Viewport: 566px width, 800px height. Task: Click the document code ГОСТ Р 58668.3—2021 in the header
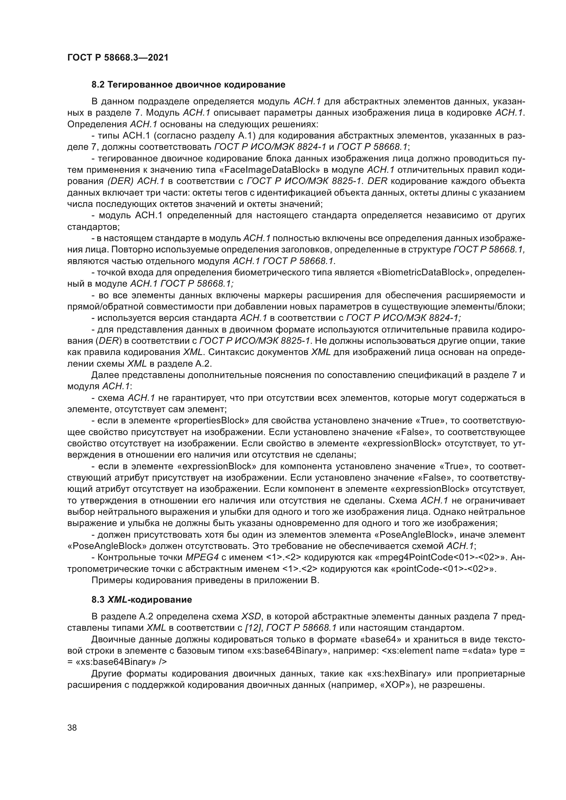117,58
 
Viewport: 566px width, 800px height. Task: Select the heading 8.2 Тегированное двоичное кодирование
188,85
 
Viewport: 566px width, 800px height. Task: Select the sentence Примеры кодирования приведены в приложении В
205,580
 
